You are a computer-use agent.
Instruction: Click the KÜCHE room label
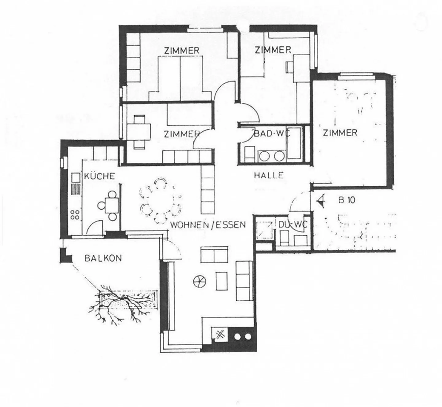point(99,176)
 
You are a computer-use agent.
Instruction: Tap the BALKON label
point(103,258)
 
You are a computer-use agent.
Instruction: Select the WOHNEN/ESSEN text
point(208,225)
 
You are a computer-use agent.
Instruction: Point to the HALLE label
point(269,175)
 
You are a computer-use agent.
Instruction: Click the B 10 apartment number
point(347,200)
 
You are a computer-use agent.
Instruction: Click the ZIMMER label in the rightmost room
point(340,133)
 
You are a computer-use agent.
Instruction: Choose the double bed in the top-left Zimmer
point(180,78)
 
